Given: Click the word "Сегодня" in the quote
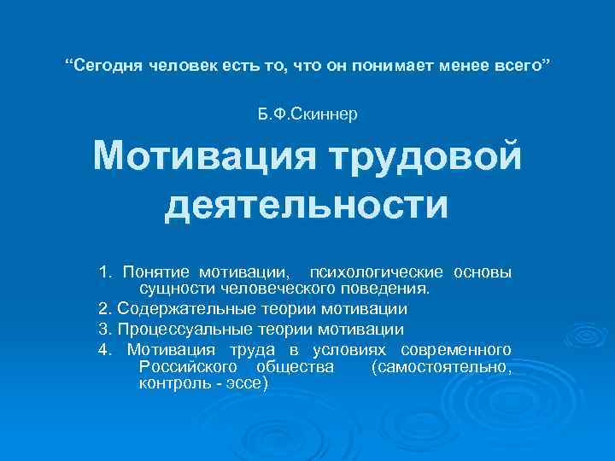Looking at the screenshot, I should (x=108, y=66).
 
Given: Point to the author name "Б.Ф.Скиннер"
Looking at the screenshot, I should (x=307, y=114).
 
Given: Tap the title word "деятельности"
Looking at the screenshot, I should (x=307, y=205).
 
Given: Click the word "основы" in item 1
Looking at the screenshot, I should (x=483, y=272).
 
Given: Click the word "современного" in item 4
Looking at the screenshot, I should (x=460, y=350).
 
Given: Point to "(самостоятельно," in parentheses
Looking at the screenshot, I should (x=442, y=367).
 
